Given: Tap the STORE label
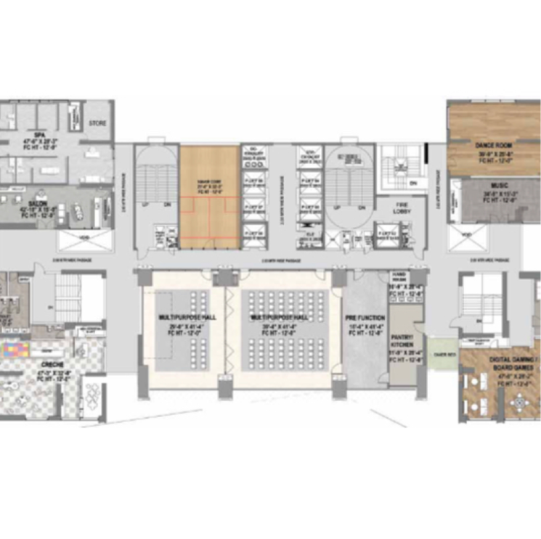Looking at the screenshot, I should [97, 124].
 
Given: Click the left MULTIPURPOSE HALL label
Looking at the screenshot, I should [182, 318].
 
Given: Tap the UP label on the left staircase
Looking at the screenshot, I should [145, 205].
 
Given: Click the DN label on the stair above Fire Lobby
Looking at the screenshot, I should [412, 184].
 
